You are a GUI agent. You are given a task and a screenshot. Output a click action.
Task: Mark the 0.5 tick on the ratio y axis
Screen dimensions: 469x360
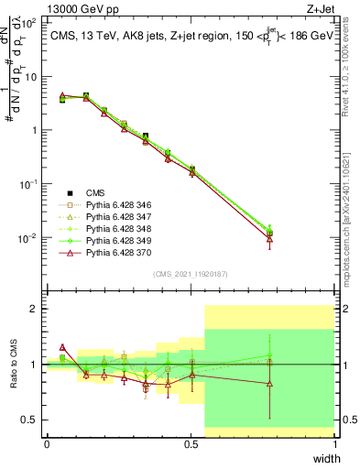click(x=28, y=420)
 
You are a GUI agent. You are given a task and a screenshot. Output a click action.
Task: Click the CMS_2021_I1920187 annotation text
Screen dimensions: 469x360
click(x=191, y=273)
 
